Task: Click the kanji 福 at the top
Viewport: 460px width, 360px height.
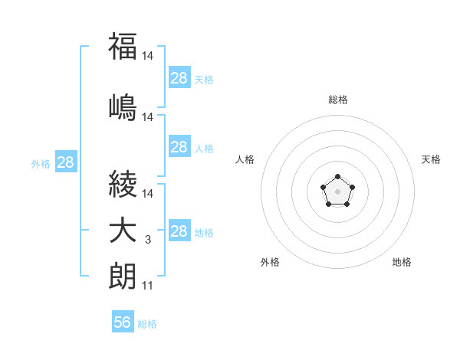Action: click(123, 46)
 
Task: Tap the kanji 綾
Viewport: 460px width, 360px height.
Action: click(123, 185)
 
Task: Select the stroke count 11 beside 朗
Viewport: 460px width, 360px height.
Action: click(147, 286)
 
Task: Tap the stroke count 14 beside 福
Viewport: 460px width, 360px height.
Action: click(148, 56)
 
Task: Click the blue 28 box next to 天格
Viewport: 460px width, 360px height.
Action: click(179, 78)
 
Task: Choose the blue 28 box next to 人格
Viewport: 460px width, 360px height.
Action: click(179, 147)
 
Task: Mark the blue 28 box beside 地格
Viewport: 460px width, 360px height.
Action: click(179, 231)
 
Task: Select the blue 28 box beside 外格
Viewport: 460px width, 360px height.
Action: click(65, 162)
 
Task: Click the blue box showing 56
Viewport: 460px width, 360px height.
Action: click(123, 322)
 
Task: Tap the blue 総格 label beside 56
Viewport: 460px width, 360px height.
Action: click(147, 324)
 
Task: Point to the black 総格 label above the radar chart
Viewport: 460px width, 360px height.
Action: click(337, 100)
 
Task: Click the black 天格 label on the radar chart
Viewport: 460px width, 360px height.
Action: click(431, 159)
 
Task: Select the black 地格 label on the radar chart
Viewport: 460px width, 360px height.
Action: click(402, 262)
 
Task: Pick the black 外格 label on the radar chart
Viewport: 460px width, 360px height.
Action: click(270, 262)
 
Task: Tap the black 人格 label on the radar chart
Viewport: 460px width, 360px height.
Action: click(245, 159)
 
